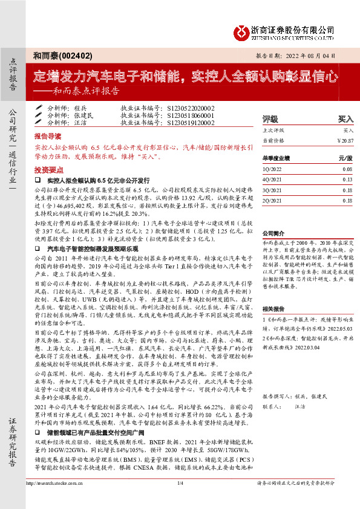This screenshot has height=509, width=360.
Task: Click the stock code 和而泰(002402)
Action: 63,56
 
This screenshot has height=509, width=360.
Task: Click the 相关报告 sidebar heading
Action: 273,308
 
